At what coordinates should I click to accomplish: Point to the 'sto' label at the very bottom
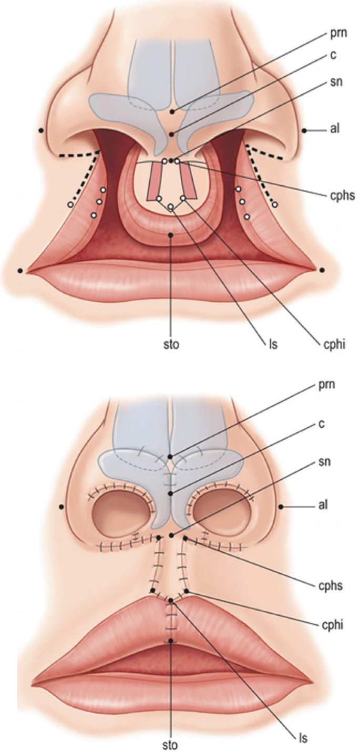tap(171, 745)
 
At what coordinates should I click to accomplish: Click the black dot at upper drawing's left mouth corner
tap(20, 270)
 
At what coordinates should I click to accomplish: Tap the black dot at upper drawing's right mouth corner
tap(322, 270)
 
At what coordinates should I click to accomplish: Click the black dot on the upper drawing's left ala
tap(41, 130)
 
